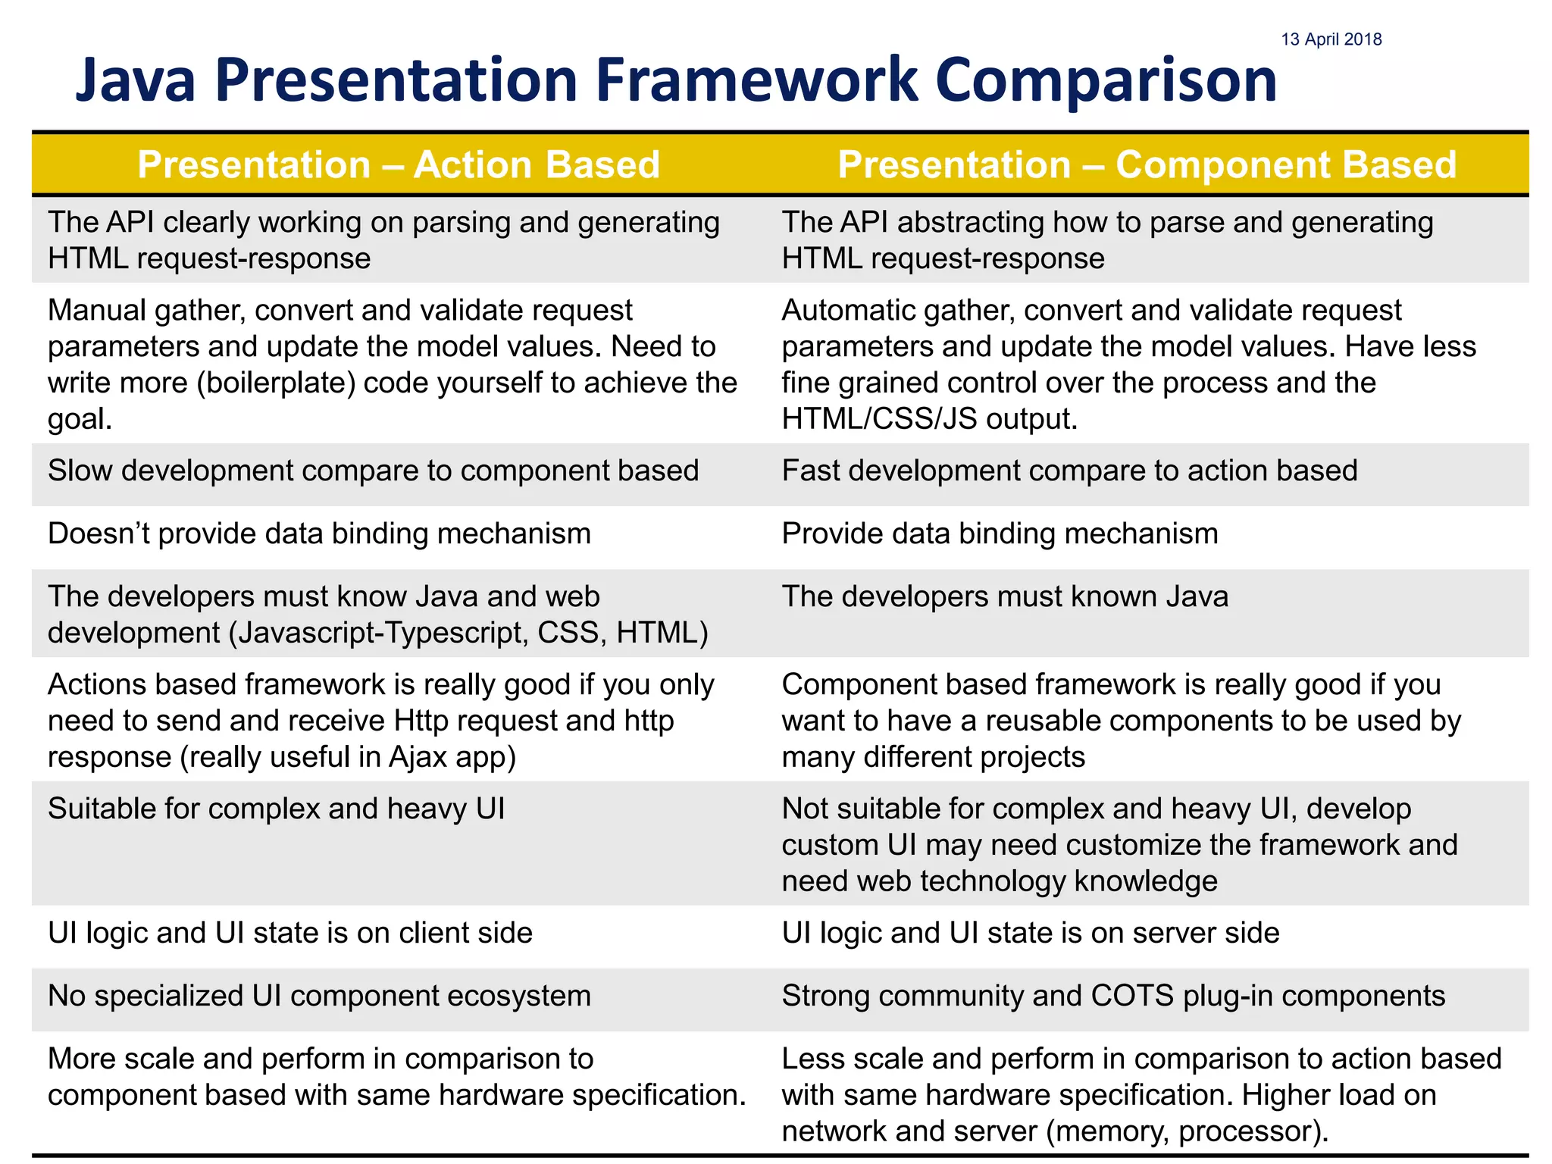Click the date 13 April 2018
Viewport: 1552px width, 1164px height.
tap(1331, 39)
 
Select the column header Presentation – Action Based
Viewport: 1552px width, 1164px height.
tap(399, 164)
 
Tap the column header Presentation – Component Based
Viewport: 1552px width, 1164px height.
tap(1147, 164)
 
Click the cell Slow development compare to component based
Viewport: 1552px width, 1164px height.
tap(373, 471)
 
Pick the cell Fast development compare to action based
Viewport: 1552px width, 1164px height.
tap(1069, 471)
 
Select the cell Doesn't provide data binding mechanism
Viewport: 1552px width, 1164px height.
tap(319, 533)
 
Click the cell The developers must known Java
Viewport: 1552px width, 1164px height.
tap(1005, 596)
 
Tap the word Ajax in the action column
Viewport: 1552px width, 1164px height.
tap(418, 757)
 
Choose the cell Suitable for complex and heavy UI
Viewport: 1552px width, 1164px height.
tap(276, 809)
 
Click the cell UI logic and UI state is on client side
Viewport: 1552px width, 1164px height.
tap(290, 933)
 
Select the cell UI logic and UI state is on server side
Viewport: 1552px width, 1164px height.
tap(1031, 933)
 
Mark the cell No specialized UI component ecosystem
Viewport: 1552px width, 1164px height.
tap(319, 996)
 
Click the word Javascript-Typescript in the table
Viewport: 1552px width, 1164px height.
tap(380, 633)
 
